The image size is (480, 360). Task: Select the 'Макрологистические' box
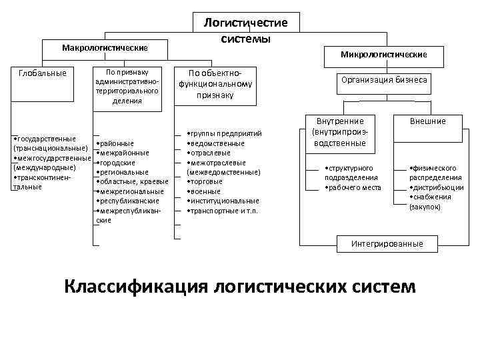point(104,49)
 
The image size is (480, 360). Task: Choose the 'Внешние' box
point(427,121)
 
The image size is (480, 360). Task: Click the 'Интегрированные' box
point(387,243)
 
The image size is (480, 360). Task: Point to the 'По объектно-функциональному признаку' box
point(214,83)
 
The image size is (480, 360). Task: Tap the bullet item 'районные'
point(117,143)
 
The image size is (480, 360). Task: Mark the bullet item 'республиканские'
point(129,201)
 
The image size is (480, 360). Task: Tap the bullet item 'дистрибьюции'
point(437,188)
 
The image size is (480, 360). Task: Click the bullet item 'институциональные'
point(224,201)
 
